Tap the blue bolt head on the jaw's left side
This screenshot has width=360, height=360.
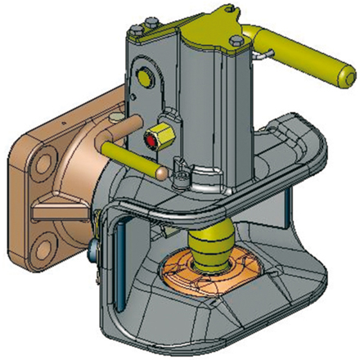pos(98,245)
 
